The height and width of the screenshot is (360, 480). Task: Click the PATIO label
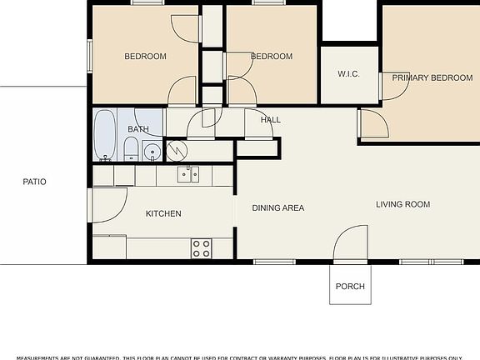[x=34, y=181]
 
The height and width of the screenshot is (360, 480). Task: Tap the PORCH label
[x=350, y=287]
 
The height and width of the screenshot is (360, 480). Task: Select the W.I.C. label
[x=348, y=74]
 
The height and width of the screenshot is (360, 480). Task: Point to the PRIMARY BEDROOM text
[x=432, y=77]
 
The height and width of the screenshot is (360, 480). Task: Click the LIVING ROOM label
[x=402, y=204]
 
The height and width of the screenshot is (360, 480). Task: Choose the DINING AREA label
[x=277, y=208]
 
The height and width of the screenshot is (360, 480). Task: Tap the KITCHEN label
[x=163, y=214]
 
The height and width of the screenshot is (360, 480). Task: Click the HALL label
[x=270, y=120]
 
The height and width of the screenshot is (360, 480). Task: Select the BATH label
[x=137, y=129]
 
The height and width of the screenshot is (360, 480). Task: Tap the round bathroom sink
[x=151, y=152]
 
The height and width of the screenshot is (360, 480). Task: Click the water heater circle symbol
[x=177, y=150]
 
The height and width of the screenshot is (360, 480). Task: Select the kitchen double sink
[x=187, y=174]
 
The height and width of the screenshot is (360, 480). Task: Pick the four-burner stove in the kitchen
[x=201, y=247]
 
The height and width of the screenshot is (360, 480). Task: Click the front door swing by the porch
[x=350, y=243]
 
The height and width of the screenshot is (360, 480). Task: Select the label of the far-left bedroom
[x=145, y=57]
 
